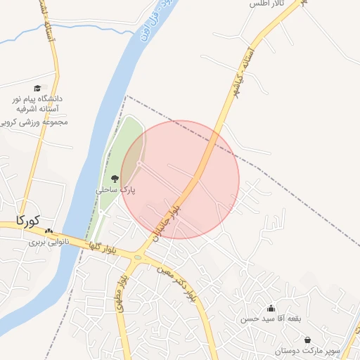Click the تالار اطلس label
click(x=264, y=4)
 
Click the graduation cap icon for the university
click(x=37, y=88)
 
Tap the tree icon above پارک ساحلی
click(x=115, y=179)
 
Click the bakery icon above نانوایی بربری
click(x=49, y=231)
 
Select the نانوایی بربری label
click(x=46, y=243)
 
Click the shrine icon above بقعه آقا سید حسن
click(x=271, y=308)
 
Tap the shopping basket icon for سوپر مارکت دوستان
click(x=307, y=340)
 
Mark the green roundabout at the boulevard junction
click(x=139, y=257)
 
